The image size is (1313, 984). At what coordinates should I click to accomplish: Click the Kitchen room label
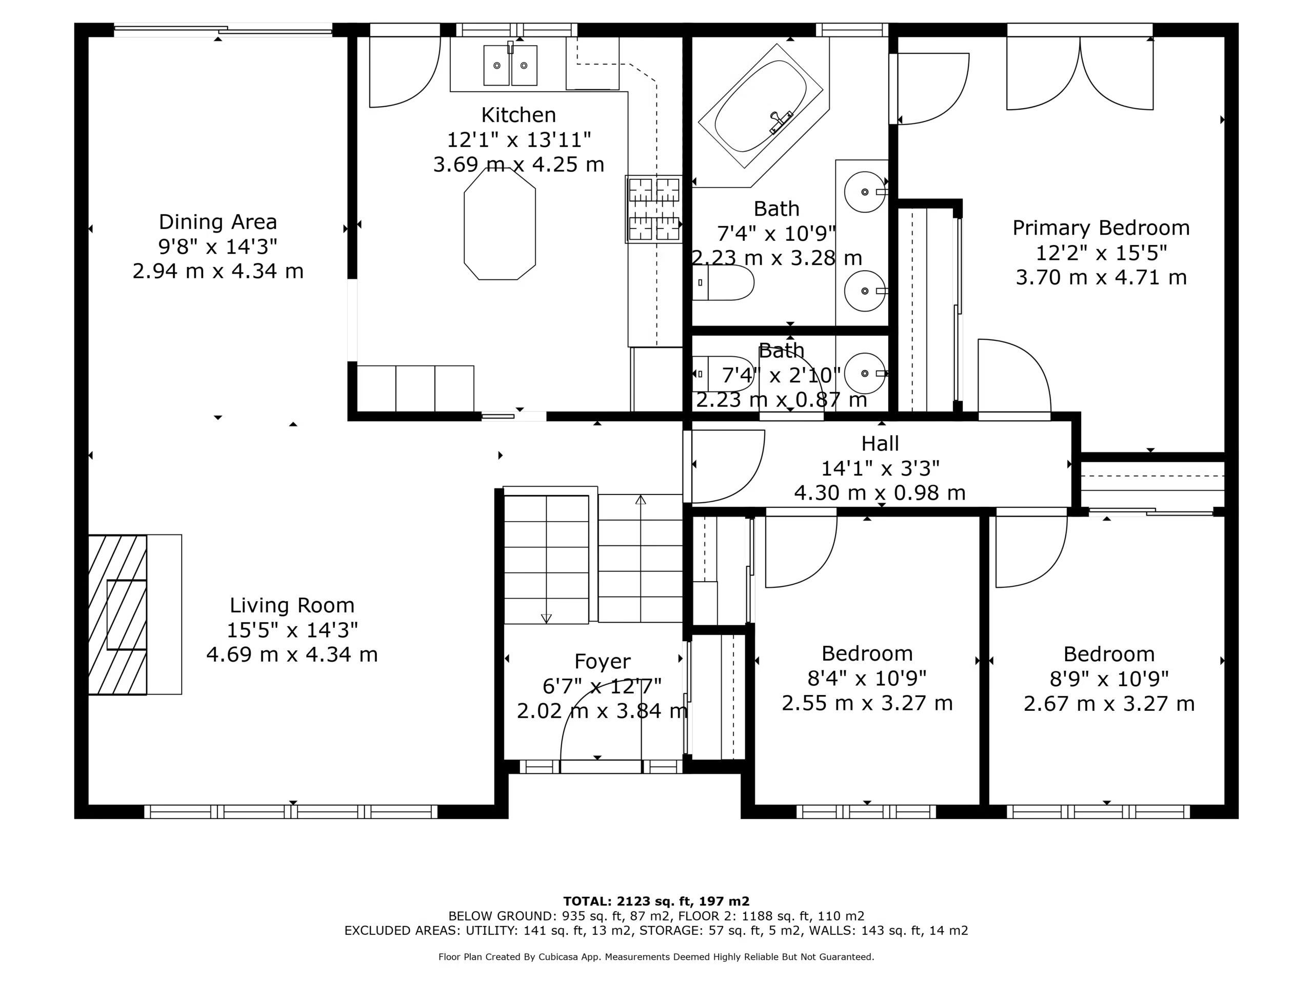tap(518, 114)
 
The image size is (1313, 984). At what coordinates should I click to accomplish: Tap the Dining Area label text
tap(218, 222)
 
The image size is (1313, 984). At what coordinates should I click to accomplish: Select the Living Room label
tap(292, 606)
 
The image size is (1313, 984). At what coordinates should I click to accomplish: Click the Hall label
tap(880, 444)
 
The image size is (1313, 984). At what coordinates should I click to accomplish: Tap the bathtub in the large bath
tap(761, 106)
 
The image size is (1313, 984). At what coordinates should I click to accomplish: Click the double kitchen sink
tap(510, 65)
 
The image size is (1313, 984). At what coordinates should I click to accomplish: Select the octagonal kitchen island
tap(500, 223)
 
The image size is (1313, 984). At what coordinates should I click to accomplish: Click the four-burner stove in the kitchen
tap(653, 210)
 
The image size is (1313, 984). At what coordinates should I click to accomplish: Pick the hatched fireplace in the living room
tap(117, 614)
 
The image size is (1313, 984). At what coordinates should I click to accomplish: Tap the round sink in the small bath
tap(865, 374)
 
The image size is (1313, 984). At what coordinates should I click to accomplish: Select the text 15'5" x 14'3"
tap(292, 630)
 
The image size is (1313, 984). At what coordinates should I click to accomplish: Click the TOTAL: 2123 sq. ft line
tap(656, 901)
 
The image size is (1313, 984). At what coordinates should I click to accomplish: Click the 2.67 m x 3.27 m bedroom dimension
tap(1109, 704)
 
